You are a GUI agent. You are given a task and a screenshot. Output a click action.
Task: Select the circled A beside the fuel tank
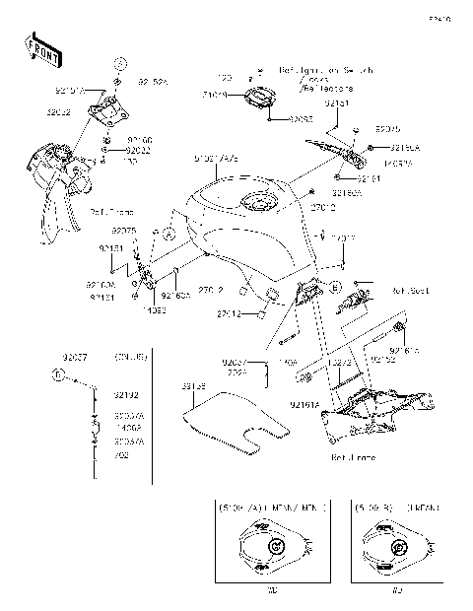click(168, 237)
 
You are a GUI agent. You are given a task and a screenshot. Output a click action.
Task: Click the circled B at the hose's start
click(58, 376)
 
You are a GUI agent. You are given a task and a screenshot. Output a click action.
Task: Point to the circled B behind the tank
click(336, 287)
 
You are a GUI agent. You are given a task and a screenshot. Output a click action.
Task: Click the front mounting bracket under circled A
click(108, 108)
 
